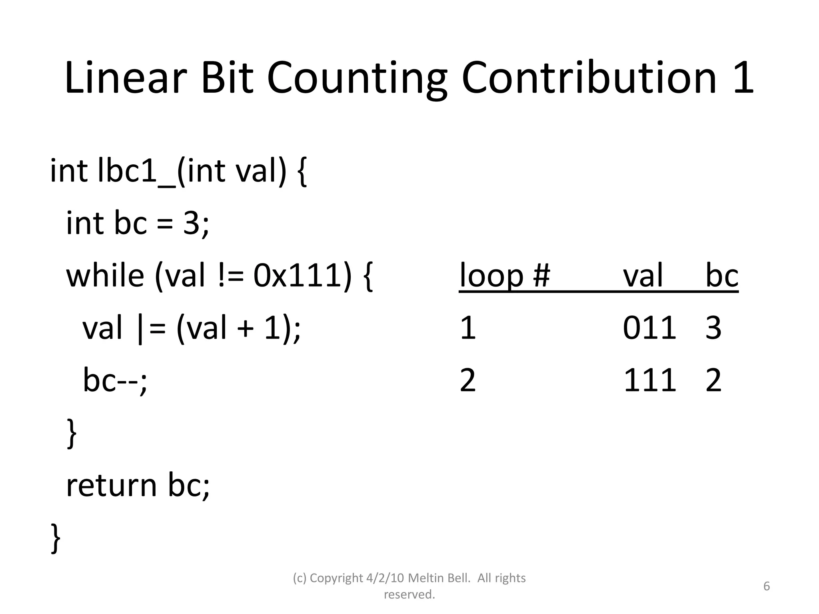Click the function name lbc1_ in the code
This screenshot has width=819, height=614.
(136, 171)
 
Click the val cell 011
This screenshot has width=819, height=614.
(649, 328)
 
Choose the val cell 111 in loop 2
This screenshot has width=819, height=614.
(649, 380)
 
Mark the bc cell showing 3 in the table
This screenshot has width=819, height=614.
(713, 328)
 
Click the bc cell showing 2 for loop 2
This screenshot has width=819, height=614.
(713, 380)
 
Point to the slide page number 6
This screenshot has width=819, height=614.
(767, 586)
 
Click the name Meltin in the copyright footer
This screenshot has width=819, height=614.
(424, 578)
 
